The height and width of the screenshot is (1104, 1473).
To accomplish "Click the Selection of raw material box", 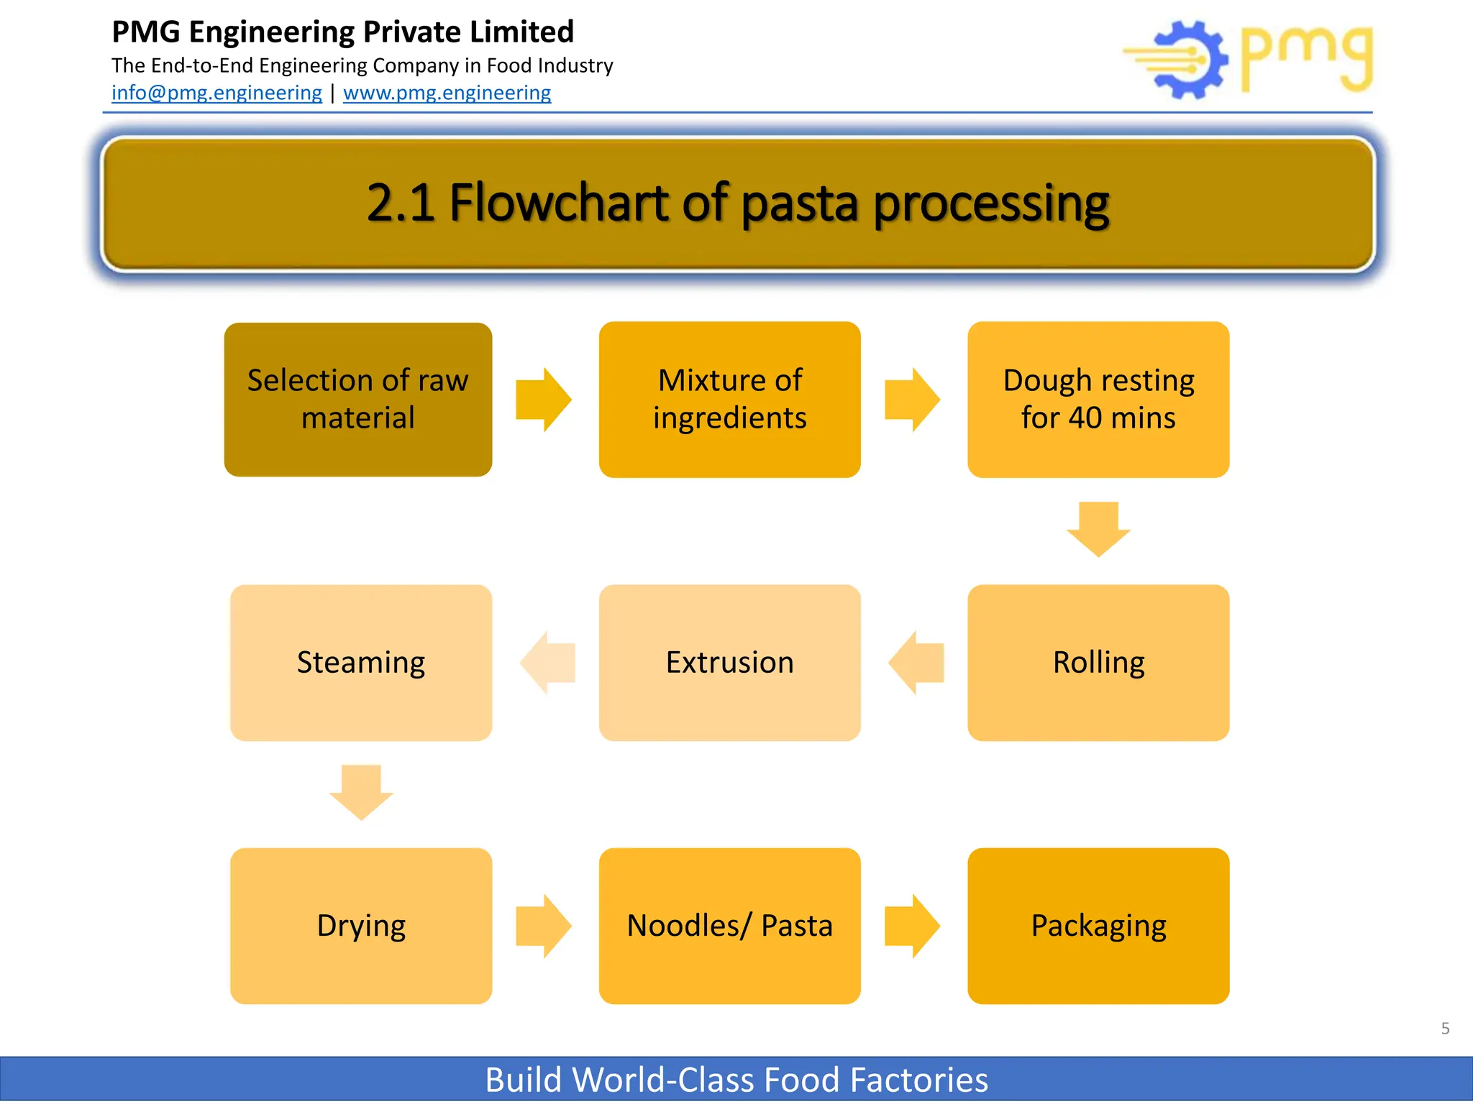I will [357, 400].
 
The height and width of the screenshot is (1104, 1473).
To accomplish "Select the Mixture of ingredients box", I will [729, 400].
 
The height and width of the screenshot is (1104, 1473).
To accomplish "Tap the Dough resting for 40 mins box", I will [1098, 400].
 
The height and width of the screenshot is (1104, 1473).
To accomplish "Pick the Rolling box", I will [1098, 662].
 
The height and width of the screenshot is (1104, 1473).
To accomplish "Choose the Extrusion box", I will [729, 662].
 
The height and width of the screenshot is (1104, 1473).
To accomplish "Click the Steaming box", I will [360, 662].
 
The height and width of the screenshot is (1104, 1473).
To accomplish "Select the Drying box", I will [360, 925].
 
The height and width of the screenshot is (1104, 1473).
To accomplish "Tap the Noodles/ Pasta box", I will [729, 925].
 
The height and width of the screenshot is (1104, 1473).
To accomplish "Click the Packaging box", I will [1098, 925].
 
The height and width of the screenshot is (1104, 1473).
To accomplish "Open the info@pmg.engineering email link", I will [216, 93].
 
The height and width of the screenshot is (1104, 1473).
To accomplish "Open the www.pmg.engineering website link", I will [447, 93].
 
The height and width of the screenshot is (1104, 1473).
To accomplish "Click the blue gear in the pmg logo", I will [1190, 60].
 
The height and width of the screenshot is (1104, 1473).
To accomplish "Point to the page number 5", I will [1445, 1029].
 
